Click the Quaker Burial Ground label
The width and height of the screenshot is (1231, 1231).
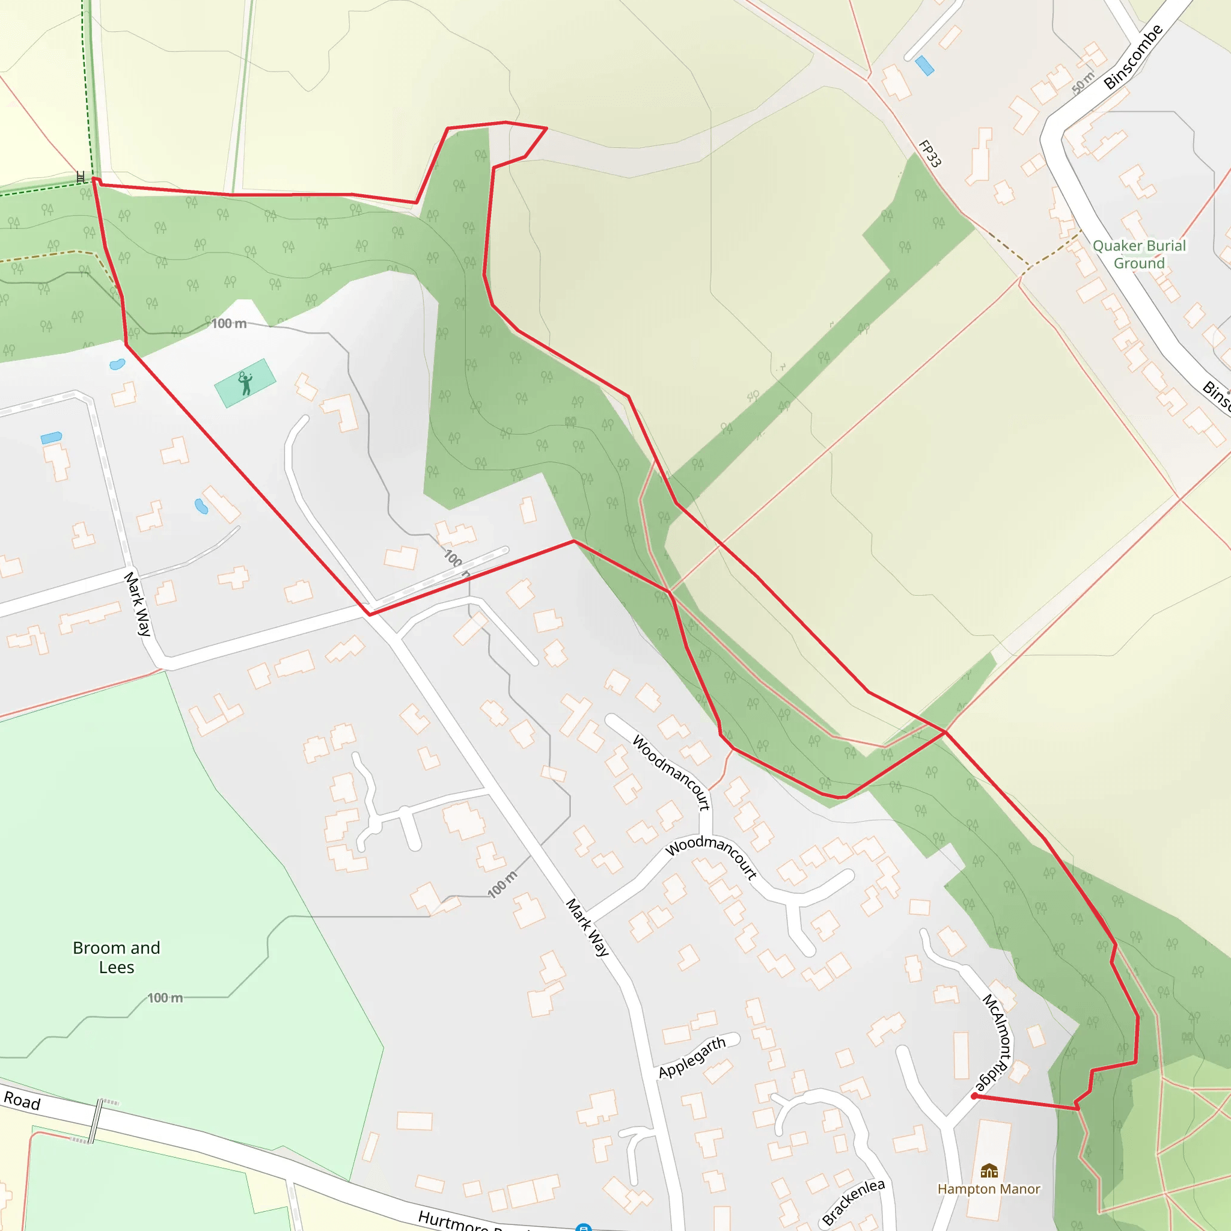(1139, 254)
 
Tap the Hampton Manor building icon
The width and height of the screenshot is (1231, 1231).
(989, 1170)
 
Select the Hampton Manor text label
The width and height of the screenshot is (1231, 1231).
(988, 1189)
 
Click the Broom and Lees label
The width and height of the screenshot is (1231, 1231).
(117, 957)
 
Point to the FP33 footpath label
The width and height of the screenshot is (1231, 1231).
(930, 153)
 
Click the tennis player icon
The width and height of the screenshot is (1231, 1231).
(245, 383)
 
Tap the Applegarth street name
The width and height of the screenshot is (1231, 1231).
(692, 1058)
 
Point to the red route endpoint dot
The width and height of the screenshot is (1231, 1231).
(974, 1096)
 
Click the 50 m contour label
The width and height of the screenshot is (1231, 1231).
(1083, 82)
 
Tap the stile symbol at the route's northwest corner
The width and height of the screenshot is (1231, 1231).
(82, 177)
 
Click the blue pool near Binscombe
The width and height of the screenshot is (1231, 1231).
(924, 65)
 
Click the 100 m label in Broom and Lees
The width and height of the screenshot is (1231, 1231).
(165, 998)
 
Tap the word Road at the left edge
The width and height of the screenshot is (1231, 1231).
(22, 1101)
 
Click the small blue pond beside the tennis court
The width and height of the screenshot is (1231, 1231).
(117, 364)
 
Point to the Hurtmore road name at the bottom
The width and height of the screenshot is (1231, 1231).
(453, 1221)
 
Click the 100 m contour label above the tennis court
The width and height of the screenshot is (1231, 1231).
(229, 324)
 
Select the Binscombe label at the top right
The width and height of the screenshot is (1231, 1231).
(1134, 57)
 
